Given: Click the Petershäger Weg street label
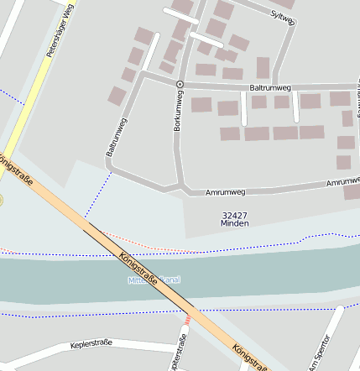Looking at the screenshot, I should [x=61, y=39].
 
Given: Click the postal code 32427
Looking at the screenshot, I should [x=234, y=215].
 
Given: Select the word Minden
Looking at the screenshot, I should [x=234, y=224].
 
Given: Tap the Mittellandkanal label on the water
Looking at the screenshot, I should [x=154, y=280].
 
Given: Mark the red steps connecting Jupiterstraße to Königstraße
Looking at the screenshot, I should [x=187, y=320].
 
